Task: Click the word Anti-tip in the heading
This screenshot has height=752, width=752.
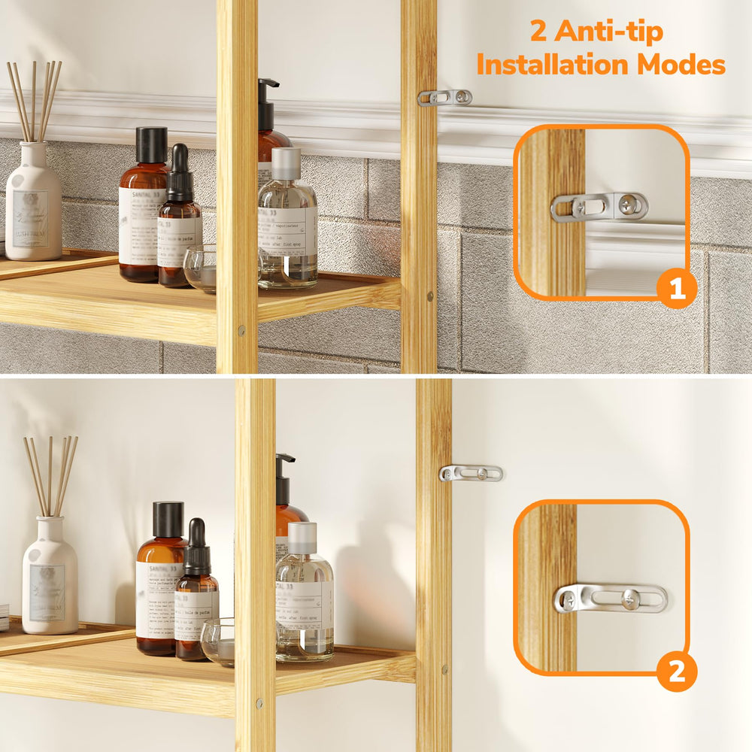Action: point(617,32)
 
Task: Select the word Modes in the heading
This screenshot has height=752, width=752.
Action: point(681,65)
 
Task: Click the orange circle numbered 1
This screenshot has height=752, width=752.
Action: point(677,290)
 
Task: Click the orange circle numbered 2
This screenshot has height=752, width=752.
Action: point(677,672)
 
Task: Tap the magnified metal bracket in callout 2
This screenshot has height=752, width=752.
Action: point(611,599)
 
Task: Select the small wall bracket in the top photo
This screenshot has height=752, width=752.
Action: point(445,97)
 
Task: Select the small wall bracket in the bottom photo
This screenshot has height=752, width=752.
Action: point(471,473)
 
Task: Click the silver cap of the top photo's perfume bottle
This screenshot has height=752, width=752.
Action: point(286,163)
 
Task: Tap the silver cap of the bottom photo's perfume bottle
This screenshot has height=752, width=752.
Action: point(302,537)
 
